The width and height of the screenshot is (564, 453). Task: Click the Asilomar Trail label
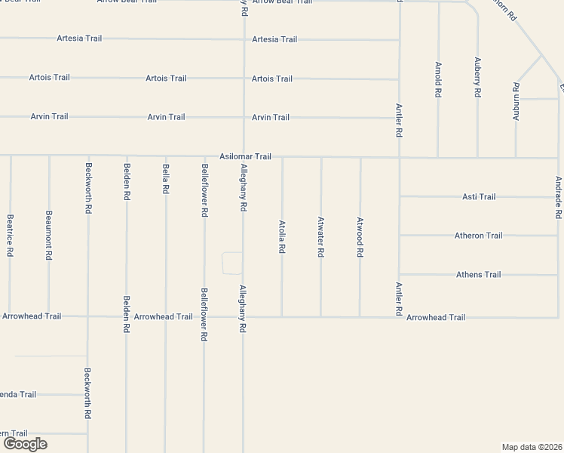[x=245, y=156]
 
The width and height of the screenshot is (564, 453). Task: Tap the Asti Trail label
[x=479, y=196]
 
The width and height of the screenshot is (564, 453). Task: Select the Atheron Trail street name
[x=478, y=236]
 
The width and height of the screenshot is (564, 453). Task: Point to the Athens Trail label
[x=478, y=275]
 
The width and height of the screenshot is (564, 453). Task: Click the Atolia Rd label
[x=282, y=236]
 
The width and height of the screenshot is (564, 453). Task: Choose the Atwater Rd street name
[x=321, y=237]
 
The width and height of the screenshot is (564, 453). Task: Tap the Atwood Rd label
[x=360, y=237]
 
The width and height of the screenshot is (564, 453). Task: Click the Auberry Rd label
[x=477, y=77]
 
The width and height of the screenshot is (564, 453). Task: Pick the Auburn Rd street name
[x=516, y=102]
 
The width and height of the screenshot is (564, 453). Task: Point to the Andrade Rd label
[x=558, y=198]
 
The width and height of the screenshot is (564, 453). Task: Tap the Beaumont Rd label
[x=49, y=236]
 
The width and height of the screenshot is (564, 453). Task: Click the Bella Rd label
[x=165, y=179]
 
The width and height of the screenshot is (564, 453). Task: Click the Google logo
[x=25, y=444]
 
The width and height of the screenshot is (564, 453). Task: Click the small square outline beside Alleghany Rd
[x=232, y=263]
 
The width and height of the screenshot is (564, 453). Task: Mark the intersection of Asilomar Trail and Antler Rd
[x=400, y=158]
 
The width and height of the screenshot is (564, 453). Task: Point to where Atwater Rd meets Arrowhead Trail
[x=321, y=316]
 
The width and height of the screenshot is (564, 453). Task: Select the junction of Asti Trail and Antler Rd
[x=400, y=196]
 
